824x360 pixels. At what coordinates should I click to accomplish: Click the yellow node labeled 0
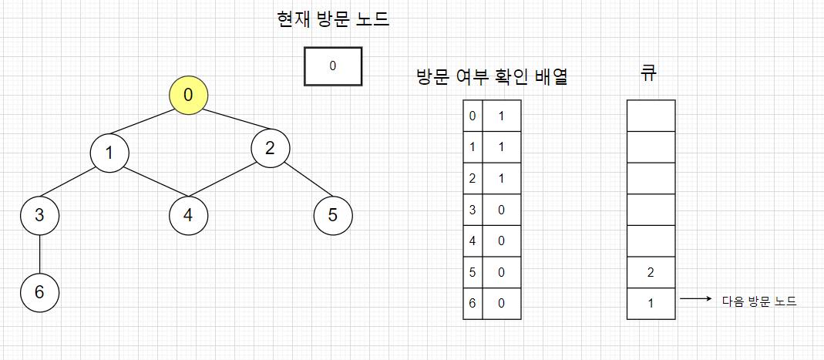point(189,96)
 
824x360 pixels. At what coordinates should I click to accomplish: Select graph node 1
point(109,153)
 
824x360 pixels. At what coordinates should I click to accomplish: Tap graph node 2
point(270,148)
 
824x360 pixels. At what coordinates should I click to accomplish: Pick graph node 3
point(39,215)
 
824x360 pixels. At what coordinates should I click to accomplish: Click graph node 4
point(188,215)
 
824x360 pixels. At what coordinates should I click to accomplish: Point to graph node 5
point(333,215)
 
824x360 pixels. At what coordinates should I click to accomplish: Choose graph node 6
point(39,292)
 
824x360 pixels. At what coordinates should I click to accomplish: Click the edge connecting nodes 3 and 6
point(39,254)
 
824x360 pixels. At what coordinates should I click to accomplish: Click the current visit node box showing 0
point(333,66)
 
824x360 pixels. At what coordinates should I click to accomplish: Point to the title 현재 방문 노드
point(333,19)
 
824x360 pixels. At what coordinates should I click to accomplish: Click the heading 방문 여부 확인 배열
point(492,77)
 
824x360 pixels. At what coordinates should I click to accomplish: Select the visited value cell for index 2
point(501,177)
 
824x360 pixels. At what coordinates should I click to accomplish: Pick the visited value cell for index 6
point(501,303)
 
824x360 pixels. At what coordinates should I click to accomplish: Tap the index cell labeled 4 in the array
point(473,240)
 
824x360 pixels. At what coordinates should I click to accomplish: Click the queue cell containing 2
point(651,271)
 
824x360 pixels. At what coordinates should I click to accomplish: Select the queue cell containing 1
point(651,303)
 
